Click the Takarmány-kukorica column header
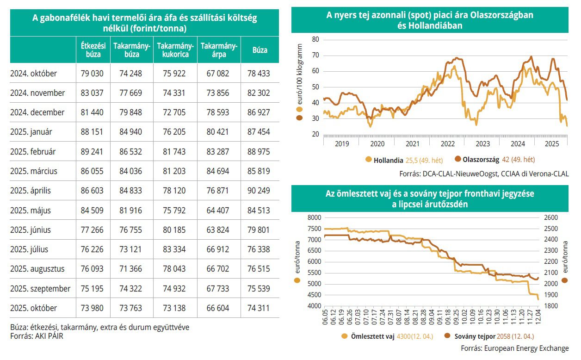(x=175, y=50)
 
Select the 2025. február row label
(x=33, y=151)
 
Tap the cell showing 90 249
(x=260, y=191)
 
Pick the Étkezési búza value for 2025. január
(x=92, y=132)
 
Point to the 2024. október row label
(x=33, y=73)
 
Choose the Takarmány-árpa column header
(x=218, y=50)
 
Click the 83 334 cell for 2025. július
(x=175, y=249)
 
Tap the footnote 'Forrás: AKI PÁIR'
(x=37, y=336)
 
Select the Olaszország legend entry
(x=481, y=160)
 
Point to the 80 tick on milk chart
(x=316, y=40)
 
